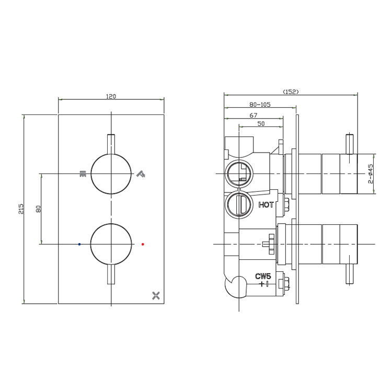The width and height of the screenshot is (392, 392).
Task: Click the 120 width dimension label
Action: click(x=111, y=96)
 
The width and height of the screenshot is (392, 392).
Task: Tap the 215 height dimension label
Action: click(x=21, y=209)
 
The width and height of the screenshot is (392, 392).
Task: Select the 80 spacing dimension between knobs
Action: click(x=38, y=209)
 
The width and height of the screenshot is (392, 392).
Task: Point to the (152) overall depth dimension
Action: click(x=291, y=92)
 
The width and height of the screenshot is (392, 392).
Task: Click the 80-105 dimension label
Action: click(x=260, y=104)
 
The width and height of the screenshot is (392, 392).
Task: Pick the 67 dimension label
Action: click(x=253, y=116)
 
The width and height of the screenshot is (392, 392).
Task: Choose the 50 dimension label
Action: click(x=261, y=123)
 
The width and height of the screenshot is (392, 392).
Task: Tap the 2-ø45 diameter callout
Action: click(x=371, y=174)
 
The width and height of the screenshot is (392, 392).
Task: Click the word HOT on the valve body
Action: click(x=266, y=205)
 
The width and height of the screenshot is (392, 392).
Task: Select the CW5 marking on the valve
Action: click(x=263, y=276)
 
